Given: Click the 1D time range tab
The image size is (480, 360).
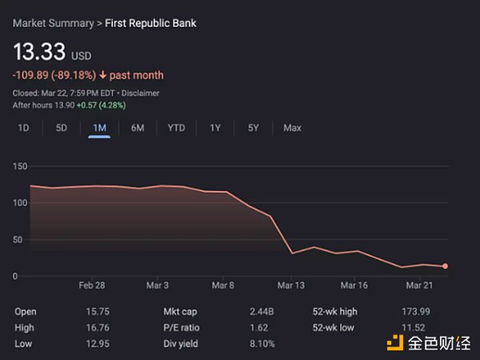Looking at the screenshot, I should (x=23, y=128).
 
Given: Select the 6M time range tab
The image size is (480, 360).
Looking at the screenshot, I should (x=138, y=128).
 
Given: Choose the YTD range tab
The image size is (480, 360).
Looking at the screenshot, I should (x=176, y=128).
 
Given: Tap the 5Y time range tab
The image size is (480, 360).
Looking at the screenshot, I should (x=253, y=128).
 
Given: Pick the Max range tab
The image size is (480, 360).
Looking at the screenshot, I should (x=292, y=128).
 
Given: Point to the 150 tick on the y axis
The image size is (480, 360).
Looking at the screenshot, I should (x=19, y=166).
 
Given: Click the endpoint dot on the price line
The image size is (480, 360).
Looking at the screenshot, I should (x=445, y=266).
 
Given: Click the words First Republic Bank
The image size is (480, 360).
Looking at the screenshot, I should (x=151, y=23).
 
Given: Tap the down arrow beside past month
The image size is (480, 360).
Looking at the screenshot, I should (x=102, y=75).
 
